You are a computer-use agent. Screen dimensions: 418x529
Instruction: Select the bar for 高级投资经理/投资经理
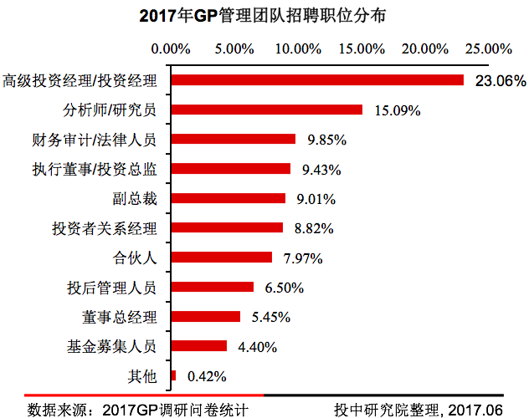317,80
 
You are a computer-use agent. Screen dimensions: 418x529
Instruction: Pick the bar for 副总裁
228,198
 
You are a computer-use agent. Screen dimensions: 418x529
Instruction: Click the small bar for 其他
173,376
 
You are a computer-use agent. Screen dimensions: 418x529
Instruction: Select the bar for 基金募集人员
198,346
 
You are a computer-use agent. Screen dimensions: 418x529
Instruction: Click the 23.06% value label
499,81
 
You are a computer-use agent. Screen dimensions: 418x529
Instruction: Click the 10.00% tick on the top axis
296,48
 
